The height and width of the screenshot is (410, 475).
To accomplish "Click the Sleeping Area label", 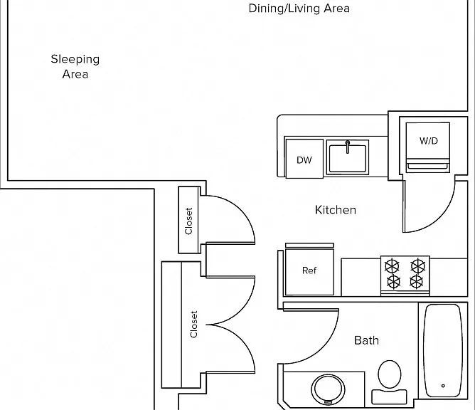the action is (x=75, y=66).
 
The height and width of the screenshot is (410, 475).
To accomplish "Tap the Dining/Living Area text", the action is (x=299, y=9).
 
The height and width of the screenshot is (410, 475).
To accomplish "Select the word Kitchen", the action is (x=336, y=210).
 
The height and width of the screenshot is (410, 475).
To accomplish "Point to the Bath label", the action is (x=366, y=340).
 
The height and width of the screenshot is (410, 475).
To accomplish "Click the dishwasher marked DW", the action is (x=304, y=159).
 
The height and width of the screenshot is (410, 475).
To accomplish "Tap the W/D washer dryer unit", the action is (x=428, y=147).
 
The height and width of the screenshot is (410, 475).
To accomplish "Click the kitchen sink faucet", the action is (x=348, y=147).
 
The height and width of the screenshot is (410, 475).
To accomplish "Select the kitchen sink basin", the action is (x=348, y=158).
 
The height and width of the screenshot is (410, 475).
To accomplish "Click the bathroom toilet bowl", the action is (x=390, y=374).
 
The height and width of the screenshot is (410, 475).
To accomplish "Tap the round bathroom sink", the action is (x=328, y=389).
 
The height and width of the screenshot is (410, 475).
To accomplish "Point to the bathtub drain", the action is (x=443, y=386).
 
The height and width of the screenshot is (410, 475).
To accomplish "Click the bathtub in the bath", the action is (x=443, y=350).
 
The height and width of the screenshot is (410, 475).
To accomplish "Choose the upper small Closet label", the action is (x=188, y=221).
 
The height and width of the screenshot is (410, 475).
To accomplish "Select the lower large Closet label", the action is (x=193, y=324).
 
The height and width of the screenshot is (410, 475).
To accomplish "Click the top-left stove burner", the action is (x=392, y=266).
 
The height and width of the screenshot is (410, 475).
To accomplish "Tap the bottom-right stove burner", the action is (x=417, y=282).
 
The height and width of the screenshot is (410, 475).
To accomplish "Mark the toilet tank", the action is (x=389, y=396).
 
